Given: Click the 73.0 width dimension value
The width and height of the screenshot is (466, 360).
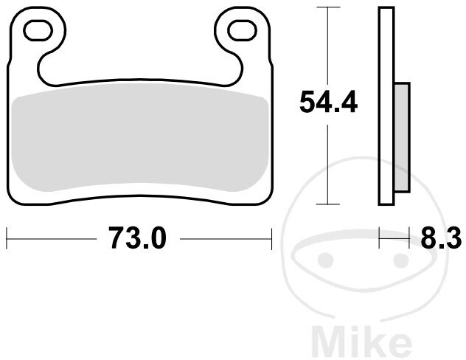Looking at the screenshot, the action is pos(137,238).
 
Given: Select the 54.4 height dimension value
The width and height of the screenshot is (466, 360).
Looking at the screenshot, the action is pos(328,102).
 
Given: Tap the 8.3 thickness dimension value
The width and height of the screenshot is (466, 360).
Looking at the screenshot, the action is pos(441,238).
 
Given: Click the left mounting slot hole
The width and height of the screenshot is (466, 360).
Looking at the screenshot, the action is pos(38,30).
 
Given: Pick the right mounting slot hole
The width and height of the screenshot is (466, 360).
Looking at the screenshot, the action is pos(242,30).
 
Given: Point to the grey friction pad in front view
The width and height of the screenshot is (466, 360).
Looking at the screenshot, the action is pos(139,136).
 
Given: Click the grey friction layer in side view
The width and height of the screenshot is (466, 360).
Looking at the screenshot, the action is pos(402,137).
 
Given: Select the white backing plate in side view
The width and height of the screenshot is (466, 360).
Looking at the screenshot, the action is pos(386,105).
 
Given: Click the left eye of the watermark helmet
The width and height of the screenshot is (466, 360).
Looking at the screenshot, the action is pos(326,260).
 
